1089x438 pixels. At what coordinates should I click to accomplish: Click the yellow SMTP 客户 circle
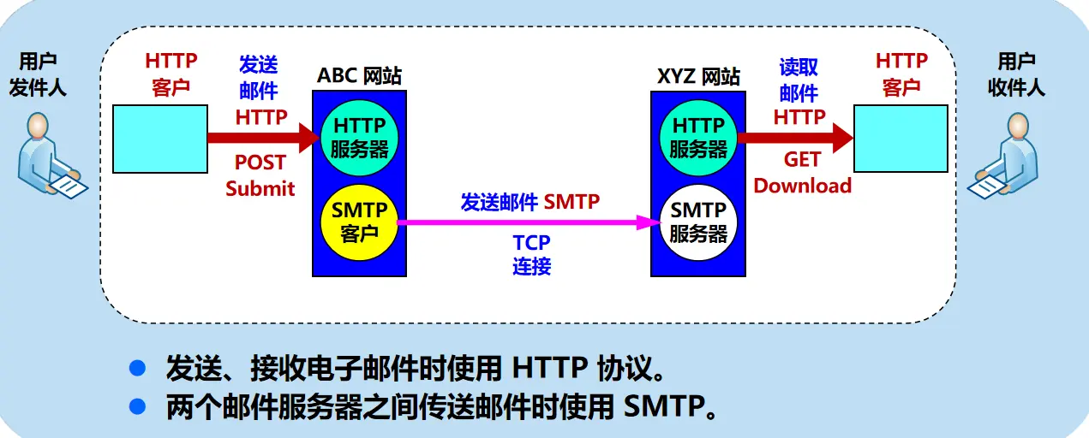[360, 221]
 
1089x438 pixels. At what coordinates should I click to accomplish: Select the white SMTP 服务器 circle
[698, 221]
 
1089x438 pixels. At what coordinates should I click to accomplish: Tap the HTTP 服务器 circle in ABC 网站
[360, 137]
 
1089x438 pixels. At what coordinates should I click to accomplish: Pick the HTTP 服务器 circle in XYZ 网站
[698, 137]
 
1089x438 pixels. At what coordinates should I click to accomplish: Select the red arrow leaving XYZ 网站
[793, 137]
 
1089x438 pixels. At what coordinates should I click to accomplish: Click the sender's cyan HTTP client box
[161, 137]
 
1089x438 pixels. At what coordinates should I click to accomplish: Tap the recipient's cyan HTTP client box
[901, 137]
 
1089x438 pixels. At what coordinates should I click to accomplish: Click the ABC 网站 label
[359, 75]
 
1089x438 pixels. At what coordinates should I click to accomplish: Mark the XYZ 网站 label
[698, 75]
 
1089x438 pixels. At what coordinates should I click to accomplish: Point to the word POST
[260, 163]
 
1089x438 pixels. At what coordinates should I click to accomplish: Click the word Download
[803, 186]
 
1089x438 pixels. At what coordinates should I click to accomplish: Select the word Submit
[260, 188]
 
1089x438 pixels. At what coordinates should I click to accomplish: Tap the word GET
[802, 160]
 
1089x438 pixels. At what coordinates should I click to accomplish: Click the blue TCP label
[531, 243]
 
